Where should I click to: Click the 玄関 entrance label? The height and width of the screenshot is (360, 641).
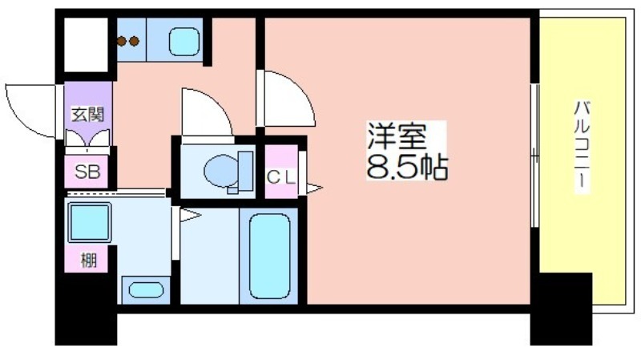88,113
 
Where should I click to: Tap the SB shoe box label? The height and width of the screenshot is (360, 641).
87,171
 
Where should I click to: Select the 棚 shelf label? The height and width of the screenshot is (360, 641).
87,260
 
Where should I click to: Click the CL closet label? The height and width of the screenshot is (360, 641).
280,178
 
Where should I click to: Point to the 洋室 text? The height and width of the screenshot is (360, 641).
394,136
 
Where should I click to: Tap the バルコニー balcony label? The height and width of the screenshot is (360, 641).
583,145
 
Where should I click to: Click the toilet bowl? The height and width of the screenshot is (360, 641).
222,171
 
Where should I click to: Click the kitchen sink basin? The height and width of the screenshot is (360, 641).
185,40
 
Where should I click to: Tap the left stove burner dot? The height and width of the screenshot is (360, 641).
123,42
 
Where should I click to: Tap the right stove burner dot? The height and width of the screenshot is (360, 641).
135,42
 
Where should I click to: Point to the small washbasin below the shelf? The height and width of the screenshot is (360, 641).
144,289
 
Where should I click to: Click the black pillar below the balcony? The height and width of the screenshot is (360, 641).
561,308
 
